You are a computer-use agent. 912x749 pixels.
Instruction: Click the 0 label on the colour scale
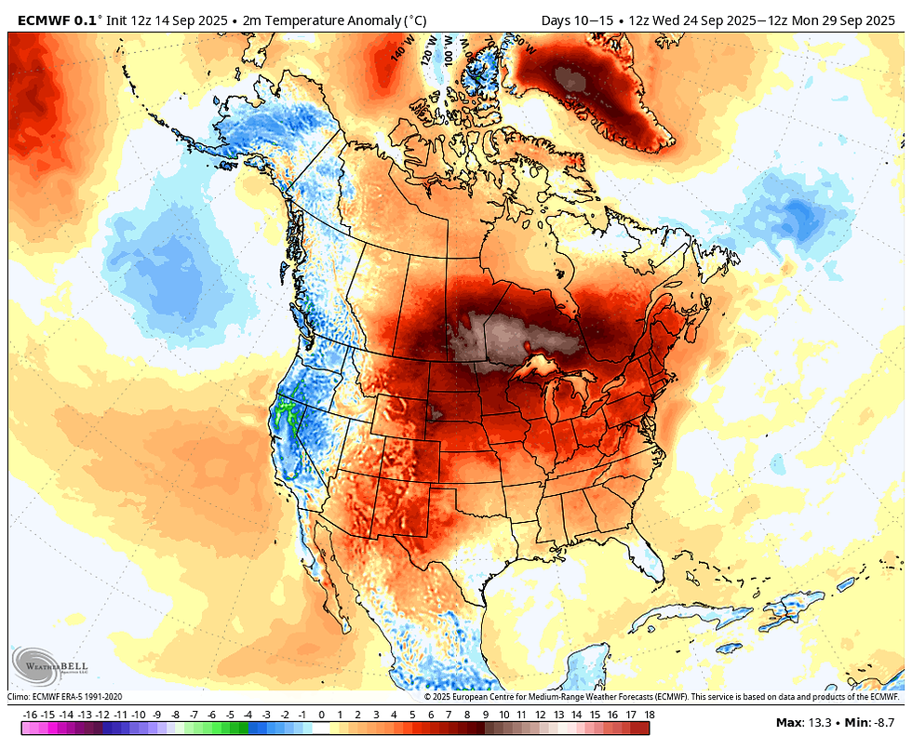point(321,714)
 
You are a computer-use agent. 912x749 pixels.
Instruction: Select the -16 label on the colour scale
point(30,714)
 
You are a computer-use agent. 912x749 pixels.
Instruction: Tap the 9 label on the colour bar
point(485,714)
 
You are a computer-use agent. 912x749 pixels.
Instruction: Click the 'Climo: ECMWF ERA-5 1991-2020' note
point(65,696)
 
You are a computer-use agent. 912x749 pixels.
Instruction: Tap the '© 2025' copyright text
point(442,696)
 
